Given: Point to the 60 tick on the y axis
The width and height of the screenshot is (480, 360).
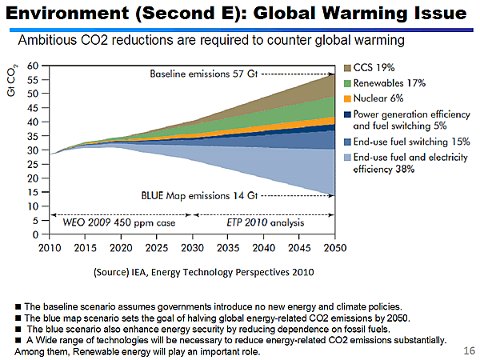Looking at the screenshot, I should (35, 65).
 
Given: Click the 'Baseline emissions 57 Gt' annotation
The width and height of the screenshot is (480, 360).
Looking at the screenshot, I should (204, 74).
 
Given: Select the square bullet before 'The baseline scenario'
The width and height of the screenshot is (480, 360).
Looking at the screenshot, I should (18, 307).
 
